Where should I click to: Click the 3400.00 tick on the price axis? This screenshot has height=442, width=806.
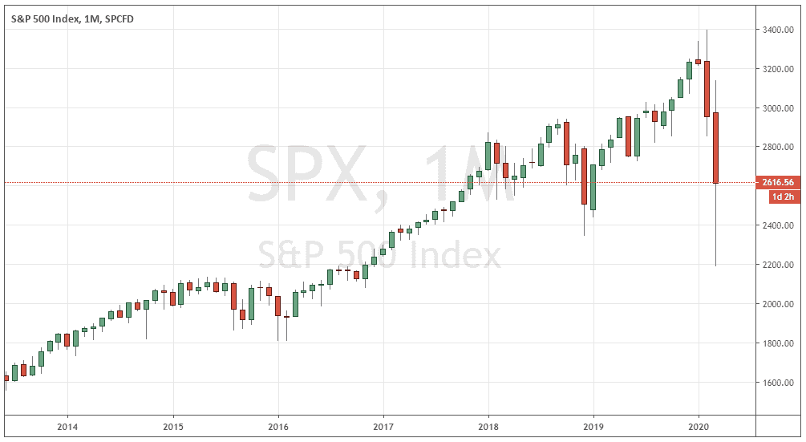pyautogui.click(x=774, y=30)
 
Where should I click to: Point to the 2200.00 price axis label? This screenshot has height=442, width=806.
pyautogui.click(x=774, y=265)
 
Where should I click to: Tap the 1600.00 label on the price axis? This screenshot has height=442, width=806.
pyautogui.click(x=774, y=383)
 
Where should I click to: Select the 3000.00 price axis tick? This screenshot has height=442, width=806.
pyautogui.click(x=774, y=108)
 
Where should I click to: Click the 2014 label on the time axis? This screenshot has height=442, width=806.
pyautogui.click(x=67, y=426)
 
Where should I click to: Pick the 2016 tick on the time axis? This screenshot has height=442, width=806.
pyautogui.click(x=277, y=426)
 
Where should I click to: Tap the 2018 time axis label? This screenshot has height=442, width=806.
pyautogui.click(x=488, y=426)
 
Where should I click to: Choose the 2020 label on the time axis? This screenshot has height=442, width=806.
pyautogui.click(x=699, y=426)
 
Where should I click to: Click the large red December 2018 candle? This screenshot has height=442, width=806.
pyautogui.click(x=584, y=176)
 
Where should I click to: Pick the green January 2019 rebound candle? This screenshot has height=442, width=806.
pyautogui.click(x=593, y=187)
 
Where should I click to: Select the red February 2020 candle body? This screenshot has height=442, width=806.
pyautogui.click(x=707, y=88)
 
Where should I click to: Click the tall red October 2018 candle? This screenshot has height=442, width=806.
pyautogui.click(x=566, y=143)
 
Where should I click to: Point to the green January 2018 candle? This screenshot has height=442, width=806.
pyautogui.click(x=488, y=156)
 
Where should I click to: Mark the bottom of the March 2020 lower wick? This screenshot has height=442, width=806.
pyautogui.click(x=715, y=266)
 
